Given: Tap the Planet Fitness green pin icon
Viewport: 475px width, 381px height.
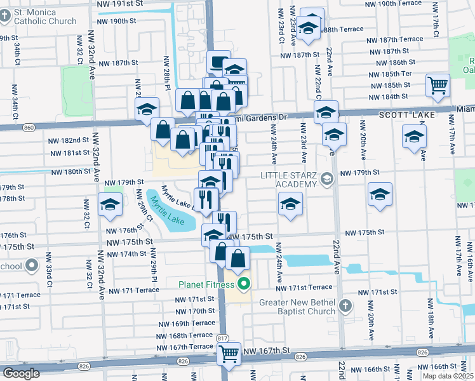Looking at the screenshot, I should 242,283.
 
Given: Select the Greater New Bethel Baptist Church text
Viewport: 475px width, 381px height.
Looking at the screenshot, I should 297,307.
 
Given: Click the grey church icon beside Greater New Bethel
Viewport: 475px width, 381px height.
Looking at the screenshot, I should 345,307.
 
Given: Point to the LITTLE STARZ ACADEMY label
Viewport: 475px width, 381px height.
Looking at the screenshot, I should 288,180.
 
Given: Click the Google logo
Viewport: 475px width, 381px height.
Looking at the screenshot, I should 22,373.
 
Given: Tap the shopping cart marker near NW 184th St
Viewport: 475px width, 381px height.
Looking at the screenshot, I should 438,85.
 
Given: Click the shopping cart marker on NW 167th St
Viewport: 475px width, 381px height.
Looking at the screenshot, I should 229,354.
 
